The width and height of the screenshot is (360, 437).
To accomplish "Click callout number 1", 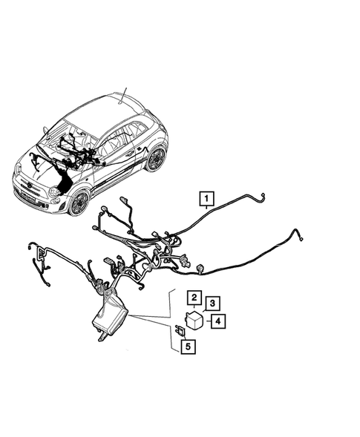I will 206,198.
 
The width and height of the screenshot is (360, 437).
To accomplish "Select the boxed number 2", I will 192,299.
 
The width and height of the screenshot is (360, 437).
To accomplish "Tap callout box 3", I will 212,303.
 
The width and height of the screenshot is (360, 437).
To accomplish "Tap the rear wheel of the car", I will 155,158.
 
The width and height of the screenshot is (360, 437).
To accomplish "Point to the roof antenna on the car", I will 125,94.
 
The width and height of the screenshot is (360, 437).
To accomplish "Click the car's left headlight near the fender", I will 54,192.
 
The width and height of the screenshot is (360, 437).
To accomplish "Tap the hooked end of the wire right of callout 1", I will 262,197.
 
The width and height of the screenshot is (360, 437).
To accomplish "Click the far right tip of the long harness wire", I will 302,238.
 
